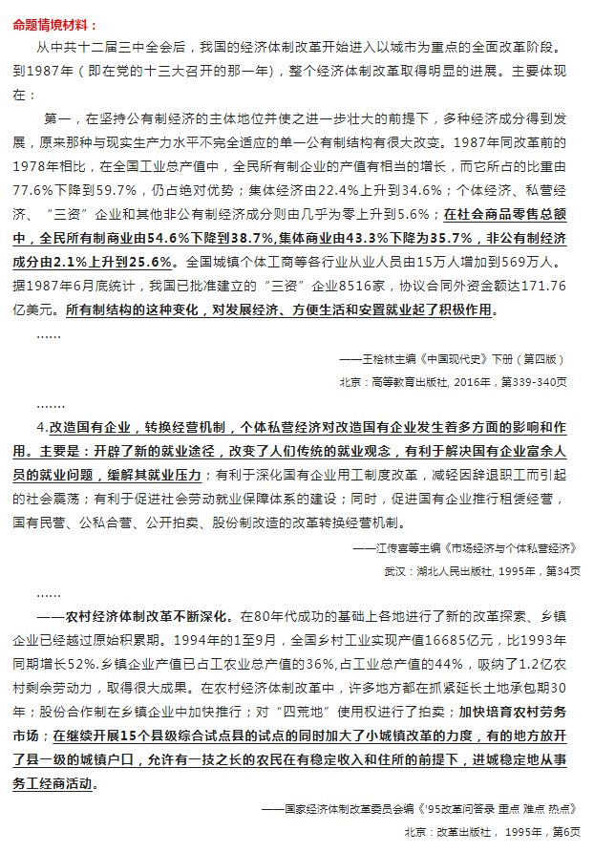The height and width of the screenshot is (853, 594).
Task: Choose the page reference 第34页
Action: pos(555,570)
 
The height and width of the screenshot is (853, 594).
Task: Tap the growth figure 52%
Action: pos(101,659)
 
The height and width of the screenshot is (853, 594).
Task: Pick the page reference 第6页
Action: pos(562,831)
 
